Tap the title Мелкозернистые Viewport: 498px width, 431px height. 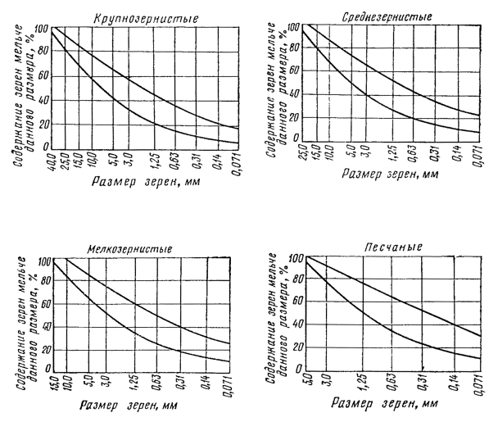click(x=134, y=251)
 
